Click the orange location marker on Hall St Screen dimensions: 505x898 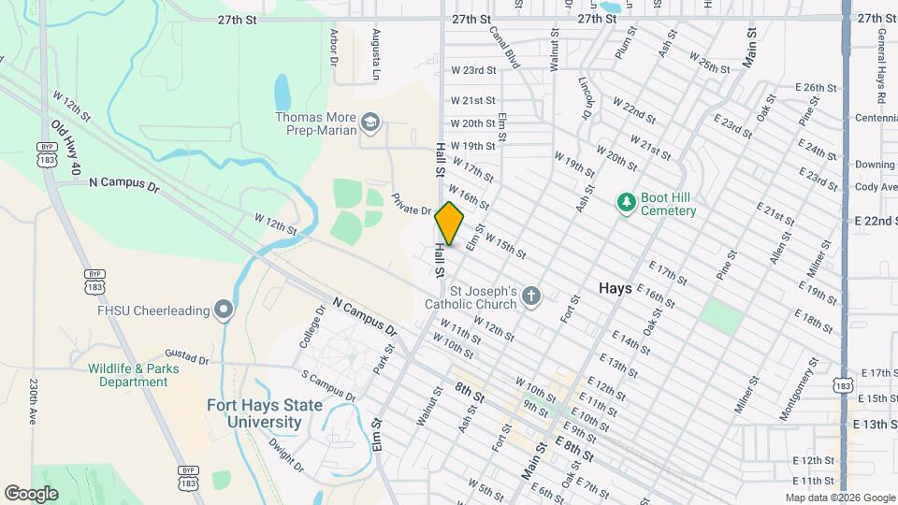click(450, 224)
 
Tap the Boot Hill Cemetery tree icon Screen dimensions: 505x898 click(627, 202)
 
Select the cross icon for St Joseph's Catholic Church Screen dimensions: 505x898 click(531, 296)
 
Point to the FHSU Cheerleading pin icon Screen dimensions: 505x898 click(223, 310)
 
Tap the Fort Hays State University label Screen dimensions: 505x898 click(265, 413)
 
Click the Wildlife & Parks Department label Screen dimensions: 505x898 click(128, 375)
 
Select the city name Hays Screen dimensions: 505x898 click(615, 289)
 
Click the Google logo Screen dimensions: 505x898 click(31, 493)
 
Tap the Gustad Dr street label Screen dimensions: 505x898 click(186, 357)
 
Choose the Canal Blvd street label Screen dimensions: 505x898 click(504, 47)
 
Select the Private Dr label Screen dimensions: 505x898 click(410, 204)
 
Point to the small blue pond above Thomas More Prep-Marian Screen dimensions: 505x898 click(282, 92)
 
